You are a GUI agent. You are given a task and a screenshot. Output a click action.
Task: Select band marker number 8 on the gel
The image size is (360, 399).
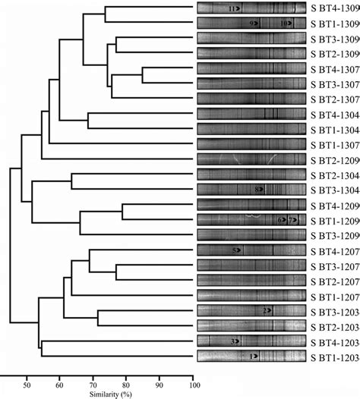coord(258,189)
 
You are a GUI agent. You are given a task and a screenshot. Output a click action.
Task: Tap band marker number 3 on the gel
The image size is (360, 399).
coord(234,341)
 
